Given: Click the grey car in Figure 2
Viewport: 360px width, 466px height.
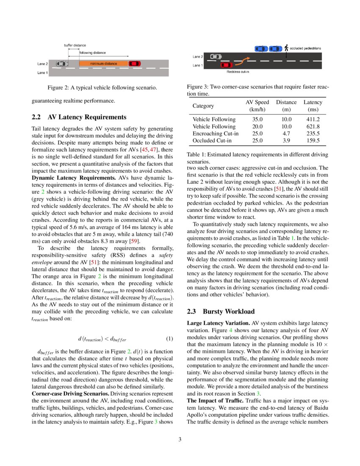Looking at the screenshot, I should (62, 64).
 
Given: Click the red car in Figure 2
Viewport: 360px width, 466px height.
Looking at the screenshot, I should (135, 64).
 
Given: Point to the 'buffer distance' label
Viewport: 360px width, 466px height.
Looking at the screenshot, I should (75, 45).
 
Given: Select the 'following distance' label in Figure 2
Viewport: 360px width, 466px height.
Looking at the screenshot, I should (92, 53).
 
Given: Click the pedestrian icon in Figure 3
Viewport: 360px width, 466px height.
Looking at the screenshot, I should (286, 48).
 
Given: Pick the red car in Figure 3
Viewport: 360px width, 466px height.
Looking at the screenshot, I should (227, 65).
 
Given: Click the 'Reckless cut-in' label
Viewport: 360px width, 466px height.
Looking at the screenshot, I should (238, 72).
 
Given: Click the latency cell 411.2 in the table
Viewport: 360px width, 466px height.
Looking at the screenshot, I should (313, 120).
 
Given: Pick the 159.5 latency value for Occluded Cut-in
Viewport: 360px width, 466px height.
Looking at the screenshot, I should (313, 140).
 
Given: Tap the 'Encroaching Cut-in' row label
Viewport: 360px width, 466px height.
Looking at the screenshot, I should (215, 133).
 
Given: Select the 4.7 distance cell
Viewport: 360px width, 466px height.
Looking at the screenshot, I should (286, 133).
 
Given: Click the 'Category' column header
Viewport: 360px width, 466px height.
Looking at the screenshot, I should (203, 105).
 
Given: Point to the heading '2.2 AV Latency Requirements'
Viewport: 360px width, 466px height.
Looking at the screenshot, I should (79, 117).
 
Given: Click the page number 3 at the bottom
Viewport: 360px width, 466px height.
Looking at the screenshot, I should (180, 439).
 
